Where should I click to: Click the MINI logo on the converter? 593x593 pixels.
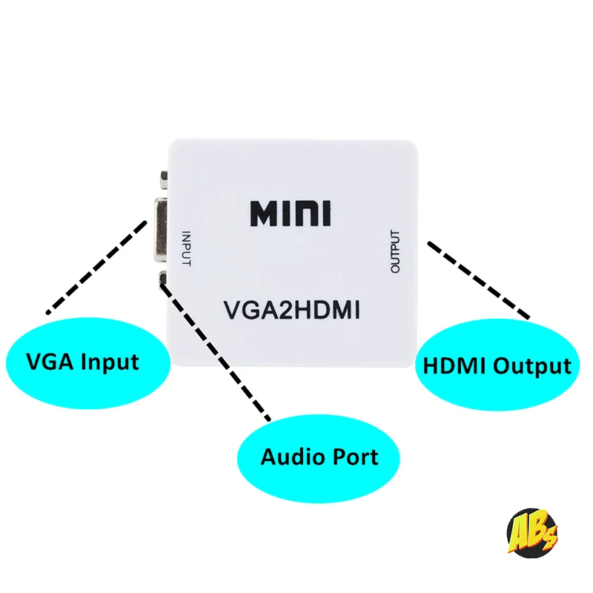click(x=291, y=213)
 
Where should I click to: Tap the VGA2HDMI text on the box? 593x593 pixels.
click(x=291, y=311)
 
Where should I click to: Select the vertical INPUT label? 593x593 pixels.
click(x=187, y=248)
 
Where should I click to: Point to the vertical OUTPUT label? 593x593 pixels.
click(x=395, y=251)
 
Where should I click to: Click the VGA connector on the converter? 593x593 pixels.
click(x=160, y=230)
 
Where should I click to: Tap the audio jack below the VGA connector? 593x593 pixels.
click(x=163, y=277)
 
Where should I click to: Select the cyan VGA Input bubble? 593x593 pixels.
click(x=87, y=362)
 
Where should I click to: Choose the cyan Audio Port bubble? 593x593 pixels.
click(x=319, y=458)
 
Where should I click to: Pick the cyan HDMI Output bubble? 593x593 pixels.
click(x=497, y=365)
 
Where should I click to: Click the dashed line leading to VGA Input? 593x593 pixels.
click(x=96, y=268)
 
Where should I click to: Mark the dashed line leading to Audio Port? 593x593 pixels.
click(x=215, y=351)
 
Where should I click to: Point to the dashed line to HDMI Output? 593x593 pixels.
click(x=479, y=280)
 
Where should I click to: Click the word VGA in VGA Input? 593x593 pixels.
click(x=50, y=361)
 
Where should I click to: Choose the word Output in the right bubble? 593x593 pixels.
click(x=532, y=367)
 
